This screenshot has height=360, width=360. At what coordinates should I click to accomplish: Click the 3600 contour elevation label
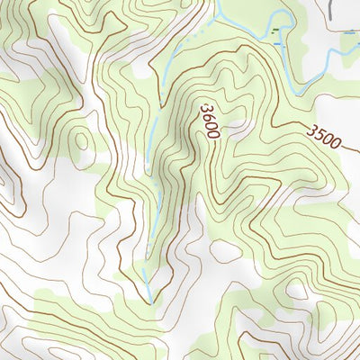pos(210,121)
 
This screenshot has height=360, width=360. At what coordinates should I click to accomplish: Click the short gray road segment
pos(332,9)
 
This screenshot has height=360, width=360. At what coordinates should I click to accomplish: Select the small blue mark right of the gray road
pos(349,31)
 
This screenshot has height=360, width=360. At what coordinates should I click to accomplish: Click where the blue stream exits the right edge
pos(357,51)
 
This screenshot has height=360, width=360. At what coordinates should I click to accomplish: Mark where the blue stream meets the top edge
pos(217,2)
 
